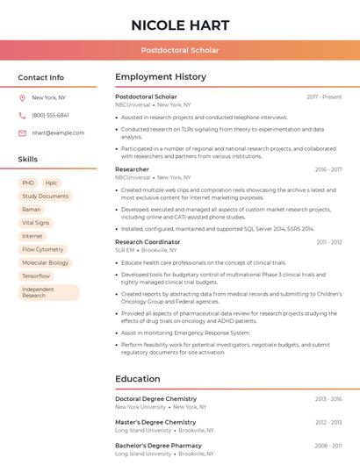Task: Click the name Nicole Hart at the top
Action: (180, 25)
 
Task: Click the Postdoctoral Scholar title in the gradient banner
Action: (180, 51)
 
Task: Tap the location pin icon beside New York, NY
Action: (22, 97)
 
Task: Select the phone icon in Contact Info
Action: (22, 115)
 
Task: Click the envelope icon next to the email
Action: (22, 132)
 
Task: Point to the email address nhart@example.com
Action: (58, 132)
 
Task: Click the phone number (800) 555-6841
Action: (50, 115)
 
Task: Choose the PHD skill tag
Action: (28, 182)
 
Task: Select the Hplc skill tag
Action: (51, 182)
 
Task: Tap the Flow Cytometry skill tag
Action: (43, 249)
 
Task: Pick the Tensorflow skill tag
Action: (36, 275)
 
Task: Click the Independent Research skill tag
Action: (38, 292)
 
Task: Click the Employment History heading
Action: (161, 77)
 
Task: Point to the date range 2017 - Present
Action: (324, 97)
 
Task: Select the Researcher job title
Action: (132, 169)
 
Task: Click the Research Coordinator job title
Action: (148, 242)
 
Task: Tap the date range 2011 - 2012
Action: (329, 242)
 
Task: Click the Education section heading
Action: (138, 379)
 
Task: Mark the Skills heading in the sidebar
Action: (28, 160)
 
